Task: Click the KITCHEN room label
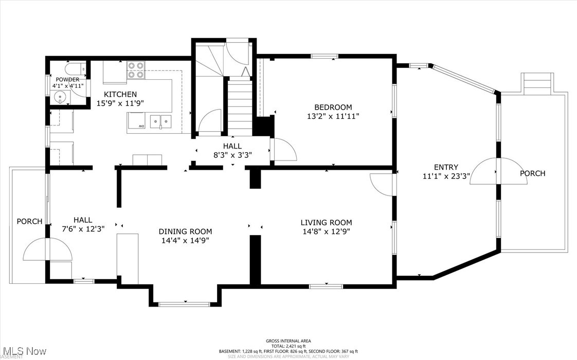[x=120, y=94]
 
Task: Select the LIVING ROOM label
[x=326, y=223]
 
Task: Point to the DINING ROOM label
[x=185, y=231]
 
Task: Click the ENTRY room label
[x=446, y=167]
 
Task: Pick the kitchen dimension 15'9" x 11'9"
[x=120, y=103]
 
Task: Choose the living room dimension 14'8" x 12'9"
[x=326, y=231]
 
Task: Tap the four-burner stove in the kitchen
[x=135, y=70]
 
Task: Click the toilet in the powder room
[x=75, y=69]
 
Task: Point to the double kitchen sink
[x=161, y=121]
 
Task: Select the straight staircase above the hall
[x=239, y=105]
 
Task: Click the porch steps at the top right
[x=537, y=83]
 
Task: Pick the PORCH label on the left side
[x=29, y=221]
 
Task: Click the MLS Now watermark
[x=23, y=351]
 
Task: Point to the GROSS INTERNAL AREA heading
[x=288, y=341]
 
